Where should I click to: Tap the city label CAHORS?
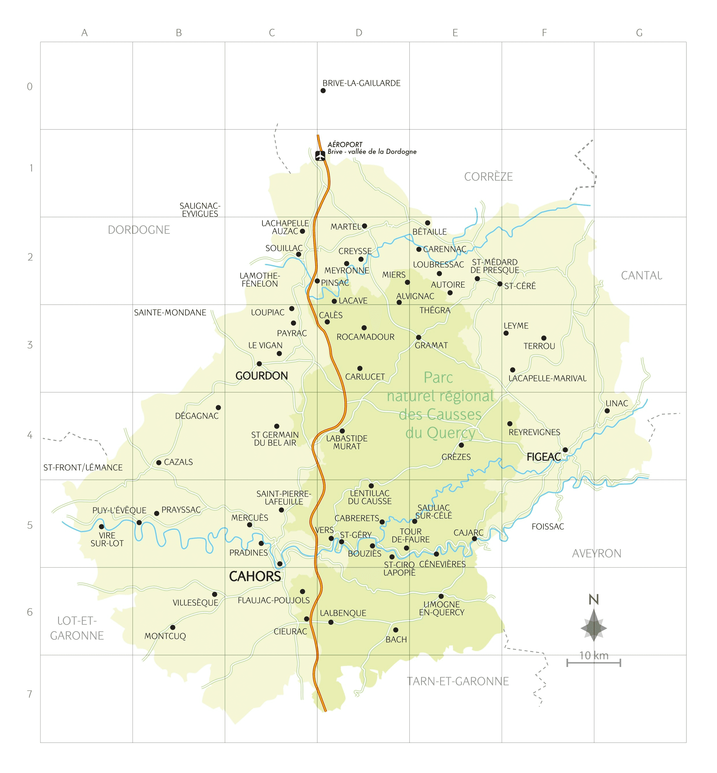click(255, 576)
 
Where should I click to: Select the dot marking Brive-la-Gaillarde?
click(323, 91)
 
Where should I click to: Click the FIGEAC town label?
click(544, 457)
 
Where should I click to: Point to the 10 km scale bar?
click(593, 663)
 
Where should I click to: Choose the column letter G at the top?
click(639, 33)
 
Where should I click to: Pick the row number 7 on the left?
click(29, 694)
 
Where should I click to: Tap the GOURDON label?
click(262, 376)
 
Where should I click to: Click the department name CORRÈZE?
click(488, 177)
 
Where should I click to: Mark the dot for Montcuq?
click(173, 627)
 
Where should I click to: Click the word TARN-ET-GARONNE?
click(457, 681)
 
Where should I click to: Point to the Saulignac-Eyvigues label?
click(200, 210)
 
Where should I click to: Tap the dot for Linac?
click(607, 411)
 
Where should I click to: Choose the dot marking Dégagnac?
click(218, 408)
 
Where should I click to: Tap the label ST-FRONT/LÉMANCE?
click(83, 467)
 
